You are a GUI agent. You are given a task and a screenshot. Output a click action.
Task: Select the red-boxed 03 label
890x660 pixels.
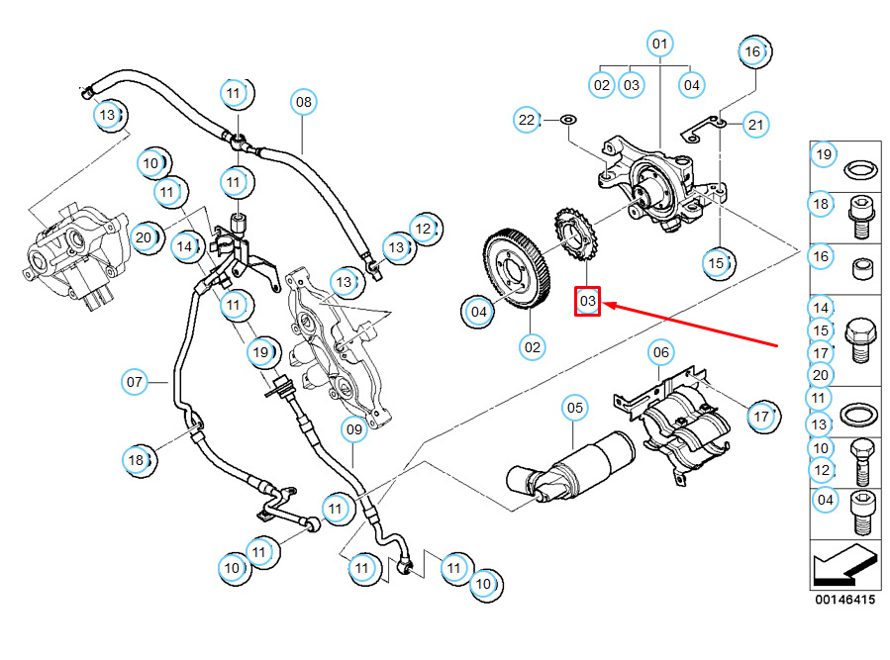click(589, 301)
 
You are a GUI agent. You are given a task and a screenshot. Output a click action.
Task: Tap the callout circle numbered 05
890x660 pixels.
click(575, 406)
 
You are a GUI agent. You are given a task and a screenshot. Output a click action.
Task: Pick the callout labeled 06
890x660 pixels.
click(660, 351)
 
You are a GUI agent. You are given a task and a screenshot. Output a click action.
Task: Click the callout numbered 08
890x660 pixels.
click(303, 101)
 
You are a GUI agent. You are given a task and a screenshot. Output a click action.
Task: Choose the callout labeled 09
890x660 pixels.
click(353, 429)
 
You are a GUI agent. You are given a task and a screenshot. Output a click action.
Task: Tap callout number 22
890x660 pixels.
click(528, 121)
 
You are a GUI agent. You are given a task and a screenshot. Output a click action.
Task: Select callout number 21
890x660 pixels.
click(756, 124)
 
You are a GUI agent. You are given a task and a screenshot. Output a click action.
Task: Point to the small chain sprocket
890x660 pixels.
click(575, 234)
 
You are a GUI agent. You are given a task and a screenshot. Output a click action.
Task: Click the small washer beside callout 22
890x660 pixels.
click(568, 121)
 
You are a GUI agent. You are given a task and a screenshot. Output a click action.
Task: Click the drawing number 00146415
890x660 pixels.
click(844, 600)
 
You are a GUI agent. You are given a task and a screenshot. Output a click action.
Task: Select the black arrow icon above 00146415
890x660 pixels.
click(843, 567)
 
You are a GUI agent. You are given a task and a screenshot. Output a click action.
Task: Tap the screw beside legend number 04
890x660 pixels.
click(863, 513)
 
